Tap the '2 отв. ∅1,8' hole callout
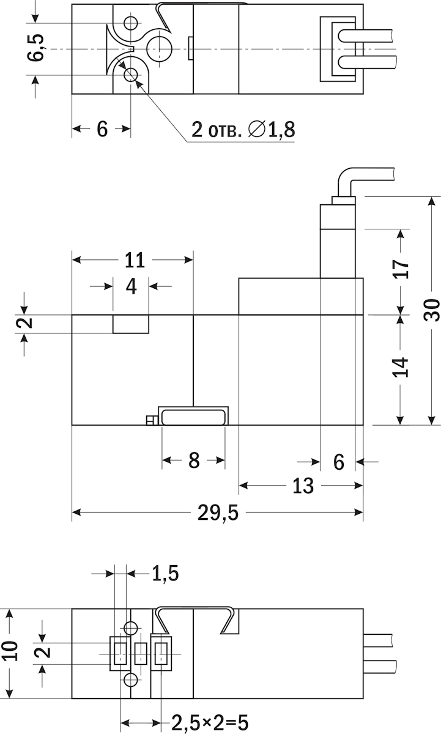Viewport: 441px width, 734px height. coord(243,130)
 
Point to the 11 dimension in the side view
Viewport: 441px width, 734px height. coord(134,260)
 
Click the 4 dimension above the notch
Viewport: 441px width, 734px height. coord(132,286)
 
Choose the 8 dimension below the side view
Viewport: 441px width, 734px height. coord(194,460)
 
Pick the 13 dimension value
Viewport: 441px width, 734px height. coord(303,486)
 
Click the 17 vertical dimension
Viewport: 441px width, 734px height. coord(401,269)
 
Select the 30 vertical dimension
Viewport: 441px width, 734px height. coord(432,310)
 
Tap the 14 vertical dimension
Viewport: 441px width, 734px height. coord(401,367)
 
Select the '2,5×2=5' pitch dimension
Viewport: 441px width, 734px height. coord(209,722)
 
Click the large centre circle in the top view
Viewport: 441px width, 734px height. coord(161,47)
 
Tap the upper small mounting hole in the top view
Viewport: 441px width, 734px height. coord(130,24)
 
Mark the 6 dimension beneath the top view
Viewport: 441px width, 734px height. coord(102,129)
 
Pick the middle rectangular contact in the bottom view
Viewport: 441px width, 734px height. coord(141,653)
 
